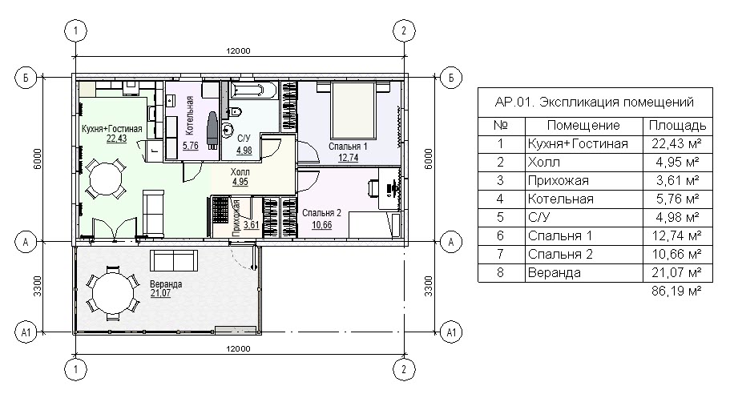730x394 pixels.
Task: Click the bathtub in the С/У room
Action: click(x=254, y=90)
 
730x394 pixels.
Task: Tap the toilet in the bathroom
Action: click(x=235, y=111)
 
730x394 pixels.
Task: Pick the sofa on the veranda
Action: click(x=174, y=260)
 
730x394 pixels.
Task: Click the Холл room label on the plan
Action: click(x=240, y=172)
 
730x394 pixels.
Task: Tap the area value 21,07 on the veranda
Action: click(x=160, y=293)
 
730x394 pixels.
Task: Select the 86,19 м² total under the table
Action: click(x=676, y=291)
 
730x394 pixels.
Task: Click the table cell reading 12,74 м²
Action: click(x=676, y=236)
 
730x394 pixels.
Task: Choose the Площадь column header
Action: click(x=677, y=125)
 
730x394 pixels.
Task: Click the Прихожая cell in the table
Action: click(x=559, y=180)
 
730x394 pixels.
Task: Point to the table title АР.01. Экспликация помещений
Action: click(x=594, y=102)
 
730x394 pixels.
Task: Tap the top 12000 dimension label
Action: click(x=238, y=50)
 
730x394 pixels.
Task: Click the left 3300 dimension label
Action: click(x=37, y=286)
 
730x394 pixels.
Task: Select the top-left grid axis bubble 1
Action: click(x=76, y=30)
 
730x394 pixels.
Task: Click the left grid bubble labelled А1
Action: click(x=26, y=332)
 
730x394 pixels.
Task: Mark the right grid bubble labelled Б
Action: click(x=450, y=77)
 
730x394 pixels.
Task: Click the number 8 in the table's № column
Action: click(x=501, y=272)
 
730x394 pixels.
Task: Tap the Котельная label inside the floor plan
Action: click(x=189, y=115)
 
